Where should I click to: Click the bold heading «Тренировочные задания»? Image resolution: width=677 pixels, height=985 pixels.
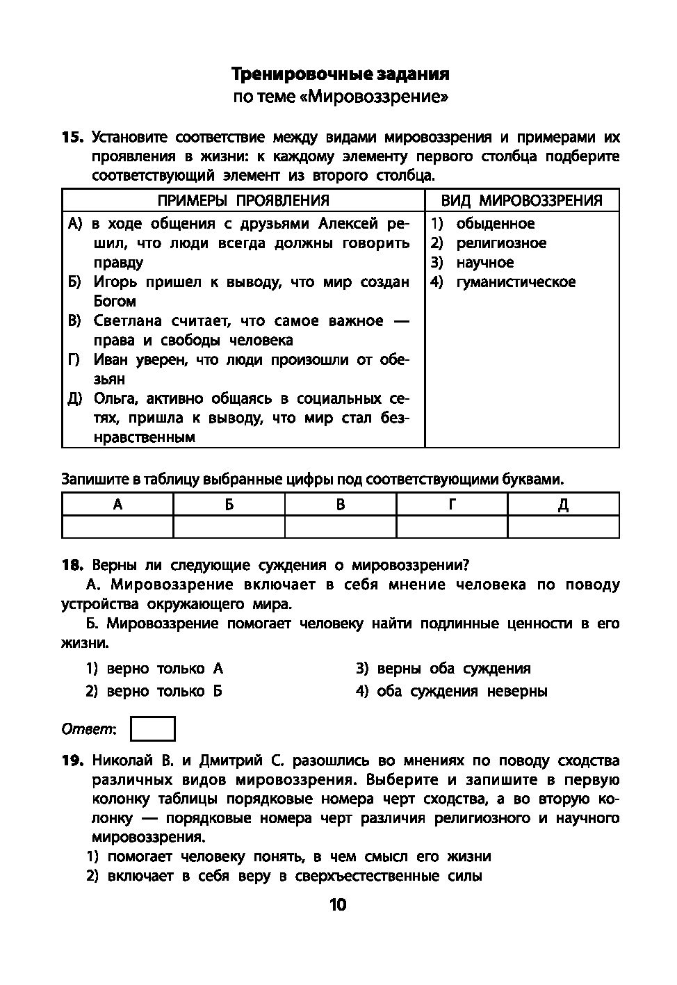(x=340, y=74)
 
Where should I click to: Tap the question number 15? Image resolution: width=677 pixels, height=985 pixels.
(x=72, y=137)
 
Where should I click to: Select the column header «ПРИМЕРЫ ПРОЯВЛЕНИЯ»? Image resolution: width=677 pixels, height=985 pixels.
(x=243, y=201)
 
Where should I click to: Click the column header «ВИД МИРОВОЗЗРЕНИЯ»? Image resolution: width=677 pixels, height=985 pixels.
(x=521, y=201)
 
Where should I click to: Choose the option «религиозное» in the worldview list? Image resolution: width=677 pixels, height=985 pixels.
(x=501, y=243)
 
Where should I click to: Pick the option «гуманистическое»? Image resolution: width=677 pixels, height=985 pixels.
(x=516, y=282)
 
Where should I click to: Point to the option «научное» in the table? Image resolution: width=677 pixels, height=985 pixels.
(x=485, y=263)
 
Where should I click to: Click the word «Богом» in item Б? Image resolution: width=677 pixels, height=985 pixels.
(x=115, y=302)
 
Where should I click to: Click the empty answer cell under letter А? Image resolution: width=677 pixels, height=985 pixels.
(x=117, y=526)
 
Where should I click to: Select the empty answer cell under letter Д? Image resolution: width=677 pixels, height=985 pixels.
(x=563, y=526)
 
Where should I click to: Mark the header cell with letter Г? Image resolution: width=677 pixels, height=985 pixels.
(x=452, y=505)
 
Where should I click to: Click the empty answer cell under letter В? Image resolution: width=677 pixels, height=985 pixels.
(x=341, y=526)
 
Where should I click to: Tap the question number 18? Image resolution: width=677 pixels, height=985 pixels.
(x=72, y=565)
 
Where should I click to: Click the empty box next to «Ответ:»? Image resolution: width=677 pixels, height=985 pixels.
(x=153, y=729)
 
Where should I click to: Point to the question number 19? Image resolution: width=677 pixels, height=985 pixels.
(x=72, y=760)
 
